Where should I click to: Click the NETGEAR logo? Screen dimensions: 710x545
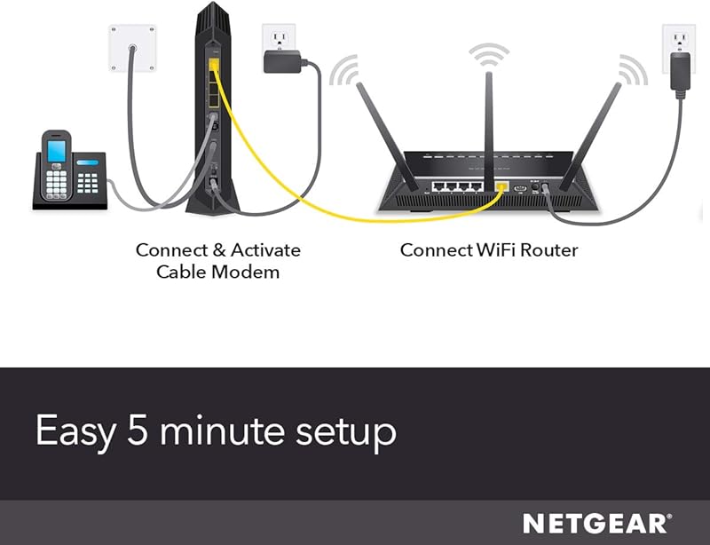596,523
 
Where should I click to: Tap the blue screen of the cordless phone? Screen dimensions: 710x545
57,150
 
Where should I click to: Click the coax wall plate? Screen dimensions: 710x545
133,46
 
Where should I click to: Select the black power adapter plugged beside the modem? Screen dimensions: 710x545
280,62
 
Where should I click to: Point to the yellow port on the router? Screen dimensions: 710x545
501,187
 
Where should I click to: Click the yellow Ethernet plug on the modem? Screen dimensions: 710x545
213,64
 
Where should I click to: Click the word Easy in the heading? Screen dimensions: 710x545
75,433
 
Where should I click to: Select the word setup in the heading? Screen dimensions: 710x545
345,433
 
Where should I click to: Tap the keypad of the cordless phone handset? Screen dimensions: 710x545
56,182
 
